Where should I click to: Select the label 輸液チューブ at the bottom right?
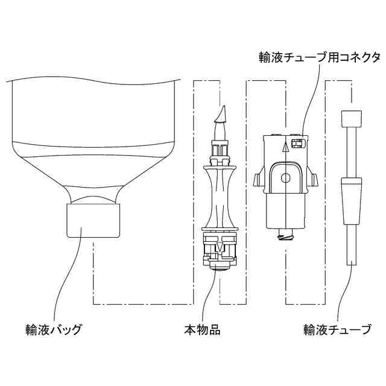[337, 330]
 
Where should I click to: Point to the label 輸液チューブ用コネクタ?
[318, 57]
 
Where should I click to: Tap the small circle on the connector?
[286, 178]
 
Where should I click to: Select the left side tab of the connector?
[259, 179]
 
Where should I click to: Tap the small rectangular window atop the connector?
[296, 142]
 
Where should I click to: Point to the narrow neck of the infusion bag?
[93, 196]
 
